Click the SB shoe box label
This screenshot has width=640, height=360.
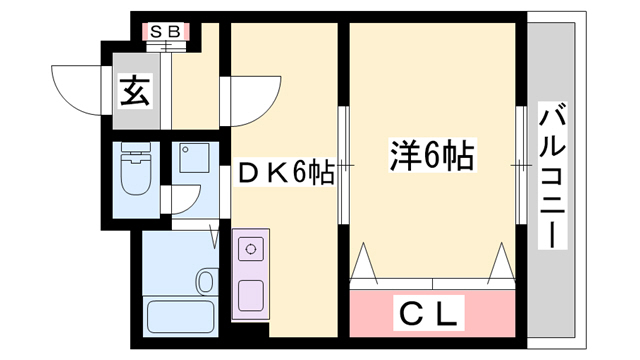pos(165,31)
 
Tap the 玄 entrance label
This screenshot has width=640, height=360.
pos(136,93)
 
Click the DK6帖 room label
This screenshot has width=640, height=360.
pos(285,173)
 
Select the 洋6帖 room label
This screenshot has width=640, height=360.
pos(430,157)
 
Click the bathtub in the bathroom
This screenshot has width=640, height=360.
pos(180,318)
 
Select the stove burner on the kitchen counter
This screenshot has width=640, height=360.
pos(250,245)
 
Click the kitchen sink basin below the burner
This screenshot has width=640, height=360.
pos(250,295)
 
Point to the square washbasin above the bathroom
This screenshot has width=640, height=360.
pos(191,158)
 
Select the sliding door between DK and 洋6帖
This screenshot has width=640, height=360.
pos(343,165)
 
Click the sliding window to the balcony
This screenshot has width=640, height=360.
pos(522,165)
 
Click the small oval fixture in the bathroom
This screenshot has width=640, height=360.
pos(206,281)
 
